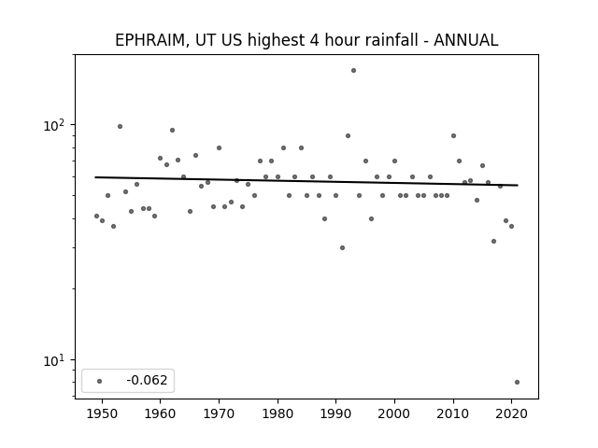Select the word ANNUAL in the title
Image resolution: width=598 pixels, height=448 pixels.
pos(466,40)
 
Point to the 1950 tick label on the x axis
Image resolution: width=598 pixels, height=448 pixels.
pos(102,413)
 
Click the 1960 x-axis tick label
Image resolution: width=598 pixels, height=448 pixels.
pos(160,413)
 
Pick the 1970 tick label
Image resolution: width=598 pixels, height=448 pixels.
pos(219,413)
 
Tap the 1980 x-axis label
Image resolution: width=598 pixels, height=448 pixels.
pos(278,413)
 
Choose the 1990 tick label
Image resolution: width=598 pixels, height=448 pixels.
pos(336,413)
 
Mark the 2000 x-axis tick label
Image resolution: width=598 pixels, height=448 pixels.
pos(394,413)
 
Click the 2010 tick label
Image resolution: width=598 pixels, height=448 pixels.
pos(453,413)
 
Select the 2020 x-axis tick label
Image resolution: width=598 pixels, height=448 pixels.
pos(512,413)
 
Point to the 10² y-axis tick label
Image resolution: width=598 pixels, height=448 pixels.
pos(54,125)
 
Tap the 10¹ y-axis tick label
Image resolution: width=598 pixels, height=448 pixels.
pos(54,360)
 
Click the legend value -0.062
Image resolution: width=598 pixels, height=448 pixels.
pos(147,380)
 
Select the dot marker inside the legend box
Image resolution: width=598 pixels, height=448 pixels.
pos(100,381)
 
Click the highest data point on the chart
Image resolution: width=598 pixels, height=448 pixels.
pos(353,71)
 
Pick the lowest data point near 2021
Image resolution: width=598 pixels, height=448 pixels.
pos(517,382)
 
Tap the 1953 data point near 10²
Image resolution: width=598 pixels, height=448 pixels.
pos(121,127)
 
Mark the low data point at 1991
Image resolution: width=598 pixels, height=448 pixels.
pos(343,247)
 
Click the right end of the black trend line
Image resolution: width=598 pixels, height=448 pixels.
pos(518,185)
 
